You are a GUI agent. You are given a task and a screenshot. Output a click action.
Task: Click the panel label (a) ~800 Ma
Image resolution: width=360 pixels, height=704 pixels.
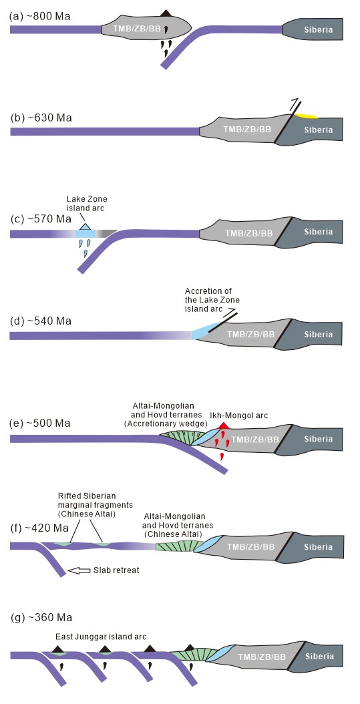pyautogui.click(x=40, y=17)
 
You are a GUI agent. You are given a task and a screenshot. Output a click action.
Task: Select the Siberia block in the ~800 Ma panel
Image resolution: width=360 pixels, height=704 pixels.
pyautogui.click(x=313, y=29)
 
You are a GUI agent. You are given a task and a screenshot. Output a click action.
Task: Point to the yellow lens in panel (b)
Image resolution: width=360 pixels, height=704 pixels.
pyautogui.click(x=305, y=116)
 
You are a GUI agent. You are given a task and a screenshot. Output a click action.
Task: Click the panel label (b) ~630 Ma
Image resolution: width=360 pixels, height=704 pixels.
pyautogui.click(x=41, y=118)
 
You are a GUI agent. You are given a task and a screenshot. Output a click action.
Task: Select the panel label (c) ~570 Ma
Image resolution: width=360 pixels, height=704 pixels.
pyautogui.click(x=41, y=220)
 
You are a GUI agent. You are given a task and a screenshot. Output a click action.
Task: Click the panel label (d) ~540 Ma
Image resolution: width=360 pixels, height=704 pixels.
pyautogui.click(x=41, y=321)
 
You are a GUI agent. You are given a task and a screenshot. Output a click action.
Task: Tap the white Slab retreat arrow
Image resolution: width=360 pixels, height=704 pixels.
pyautogui.click(x=79, y=570)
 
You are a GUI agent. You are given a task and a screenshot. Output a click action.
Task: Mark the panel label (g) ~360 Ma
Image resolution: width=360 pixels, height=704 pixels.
pyautogui.click(x=41, y=617)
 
